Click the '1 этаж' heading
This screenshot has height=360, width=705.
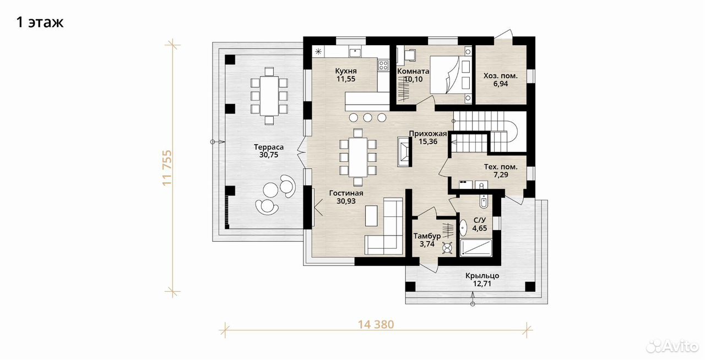click(40, 23)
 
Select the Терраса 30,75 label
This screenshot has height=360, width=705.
click(269, 151)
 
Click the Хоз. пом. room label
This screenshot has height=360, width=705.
click(501, 76)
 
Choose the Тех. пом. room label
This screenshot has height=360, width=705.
click(501, 167)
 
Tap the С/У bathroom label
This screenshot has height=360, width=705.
click(480, 220)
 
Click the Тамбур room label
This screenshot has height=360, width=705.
click(427, 236)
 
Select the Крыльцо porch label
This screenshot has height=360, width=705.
click(482, 276)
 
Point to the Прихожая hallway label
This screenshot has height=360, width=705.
click(428, 134)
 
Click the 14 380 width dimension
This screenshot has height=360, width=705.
click(376, 324)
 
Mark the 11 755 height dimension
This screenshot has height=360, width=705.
click(167, 168)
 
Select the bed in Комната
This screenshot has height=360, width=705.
click(451, 75)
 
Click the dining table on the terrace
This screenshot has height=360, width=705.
click(269, 95)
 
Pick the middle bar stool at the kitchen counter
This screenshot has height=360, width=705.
click(367, 118)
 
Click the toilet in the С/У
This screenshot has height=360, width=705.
click(484, 201)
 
